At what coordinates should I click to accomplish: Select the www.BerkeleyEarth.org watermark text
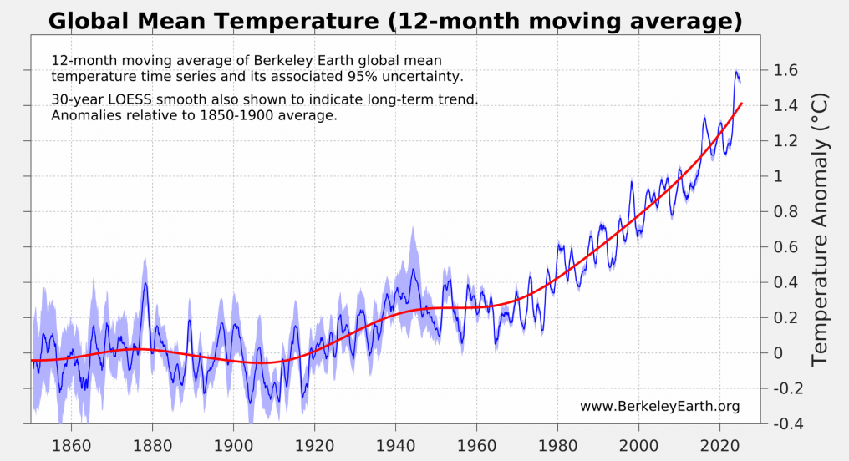(659, 407)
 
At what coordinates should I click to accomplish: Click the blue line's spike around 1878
(145, 283)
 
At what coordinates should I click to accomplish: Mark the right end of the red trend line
(741, 104)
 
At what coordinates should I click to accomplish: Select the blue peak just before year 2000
(632, 181)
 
